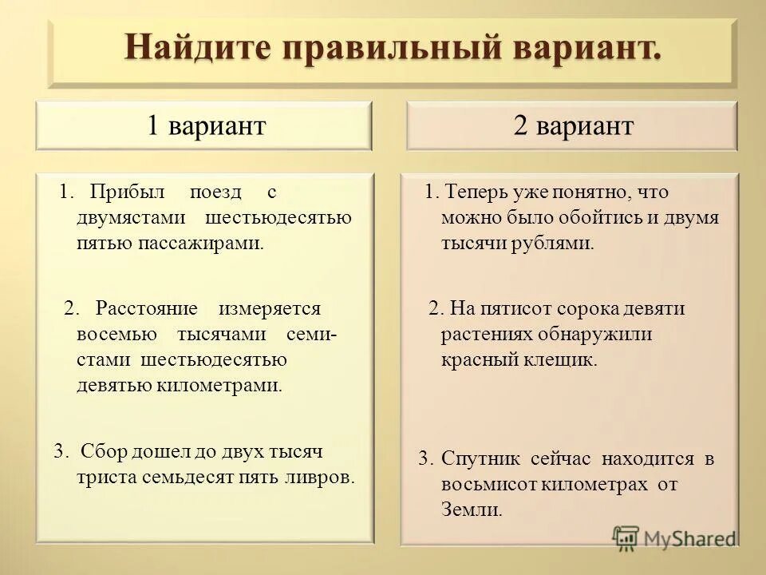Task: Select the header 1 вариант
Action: click(x=205, y=126)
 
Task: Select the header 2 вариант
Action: click(x=573, y=126)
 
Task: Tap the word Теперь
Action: click(x=476, y=192)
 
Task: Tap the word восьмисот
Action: click(x=490, y=485)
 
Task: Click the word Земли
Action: click(x=472, y=510)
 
